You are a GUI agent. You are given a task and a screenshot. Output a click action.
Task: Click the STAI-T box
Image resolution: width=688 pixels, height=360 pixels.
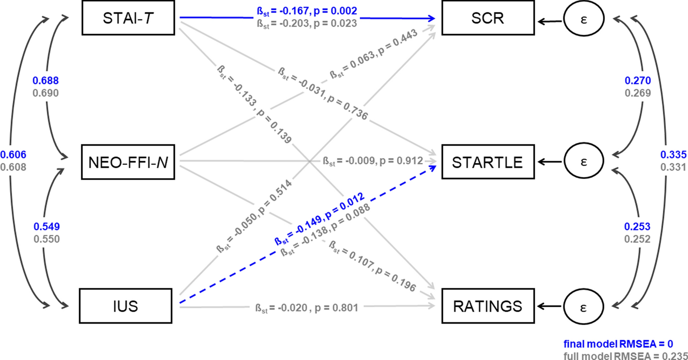click(x=130, y=19)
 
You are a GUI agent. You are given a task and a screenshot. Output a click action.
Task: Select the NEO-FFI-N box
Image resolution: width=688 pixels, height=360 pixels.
click(x=130, y=162)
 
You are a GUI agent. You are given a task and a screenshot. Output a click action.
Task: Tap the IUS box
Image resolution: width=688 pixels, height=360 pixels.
click(x=130, y=305)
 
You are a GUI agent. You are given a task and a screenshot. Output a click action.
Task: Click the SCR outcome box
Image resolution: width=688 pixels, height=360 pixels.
click(x=482, y=19)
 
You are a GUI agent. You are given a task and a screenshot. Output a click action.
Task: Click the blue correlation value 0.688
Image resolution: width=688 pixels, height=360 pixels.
click(x=45, y=81)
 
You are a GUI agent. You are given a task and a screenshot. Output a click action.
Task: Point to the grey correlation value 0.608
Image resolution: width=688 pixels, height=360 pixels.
click(x=13, y=167)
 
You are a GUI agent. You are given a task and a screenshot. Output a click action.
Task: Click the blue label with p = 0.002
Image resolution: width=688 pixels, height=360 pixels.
click(x=307, y=11)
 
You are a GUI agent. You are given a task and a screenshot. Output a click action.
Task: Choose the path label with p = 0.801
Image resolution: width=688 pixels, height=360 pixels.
click(x=305, y=307)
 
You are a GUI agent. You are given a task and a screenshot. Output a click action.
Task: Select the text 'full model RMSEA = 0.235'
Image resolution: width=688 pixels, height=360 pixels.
click(x=624, y=356)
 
